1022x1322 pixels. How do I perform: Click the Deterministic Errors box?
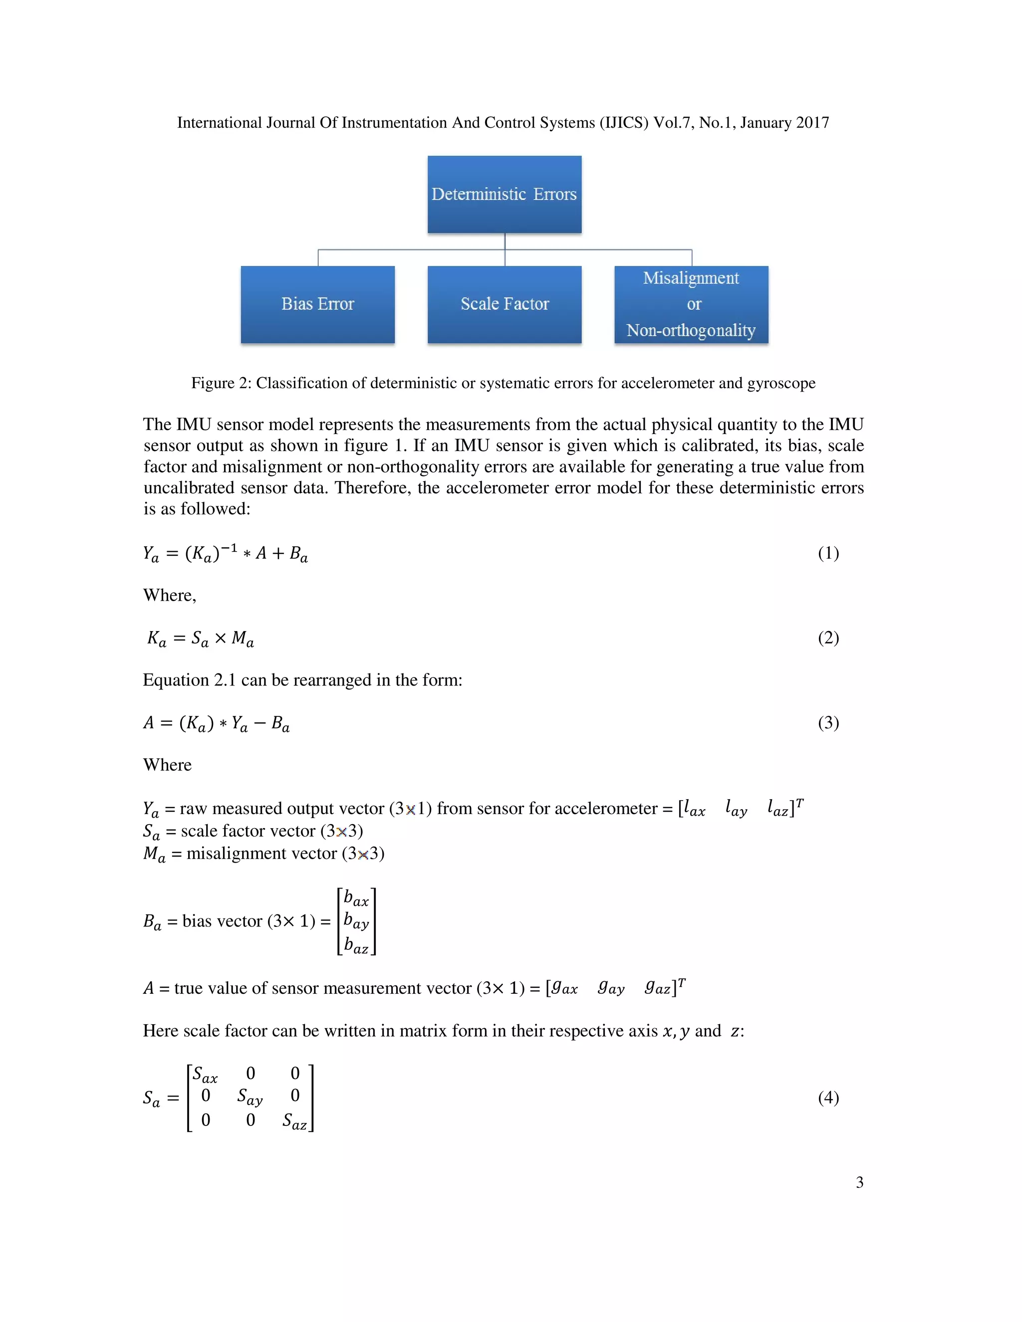pyautogui.click(x=505, y=194)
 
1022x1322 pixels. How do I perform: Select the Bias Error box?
pyautogui.click(x=317, y=304)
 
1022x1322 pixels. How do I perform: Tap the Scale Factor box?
pyautogui.click(x=505, y=304)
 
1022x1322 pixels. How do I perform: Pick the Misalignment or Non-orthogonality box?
pyautogui.click(x=691, y=304)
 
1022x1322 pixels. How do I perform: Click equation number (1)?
pyautogui.click(x=828, y=553)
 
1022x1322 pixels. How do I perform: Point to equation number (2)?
pyautogui.click(x=828, y=638)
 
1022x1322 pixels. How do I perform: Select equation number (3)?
pyautogui.click(x=828, y=722)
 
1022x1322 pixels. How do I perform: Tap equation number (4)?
pyautogui.click(x=828, y=1098)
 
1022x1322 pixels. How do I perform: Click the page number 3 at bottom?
pyautogui.click(x=859, y=1182)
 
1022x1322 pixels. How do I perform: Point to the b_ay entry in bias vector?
pyautogui.click(x=356, y=921)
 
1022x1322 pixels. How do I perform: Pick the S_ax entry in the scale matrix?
pyautogui.click(x=205, y=1075)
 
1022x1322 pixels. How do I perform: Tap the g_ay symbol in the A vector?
pyautogui.click(x=610, y=988)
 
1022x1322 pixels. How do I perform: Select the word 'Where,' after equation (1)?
pyautogui.click(x=170, y=596)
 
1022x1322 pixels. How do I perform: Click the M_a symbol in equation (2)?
pyautogui.click(x=242, y=639)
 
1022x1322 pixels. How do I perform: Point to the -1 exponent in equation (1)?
pyautogui.click(x=228, y=548)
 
